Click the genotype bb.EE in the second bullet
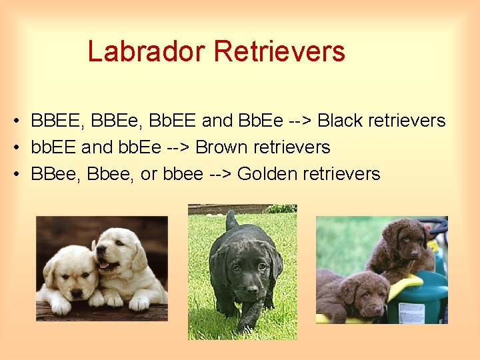coord(53,147)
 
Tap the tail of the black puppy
coord(231,221)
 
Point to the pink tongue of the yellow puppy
coord(103,265)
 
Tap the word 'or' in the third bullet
coord(149,174)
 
